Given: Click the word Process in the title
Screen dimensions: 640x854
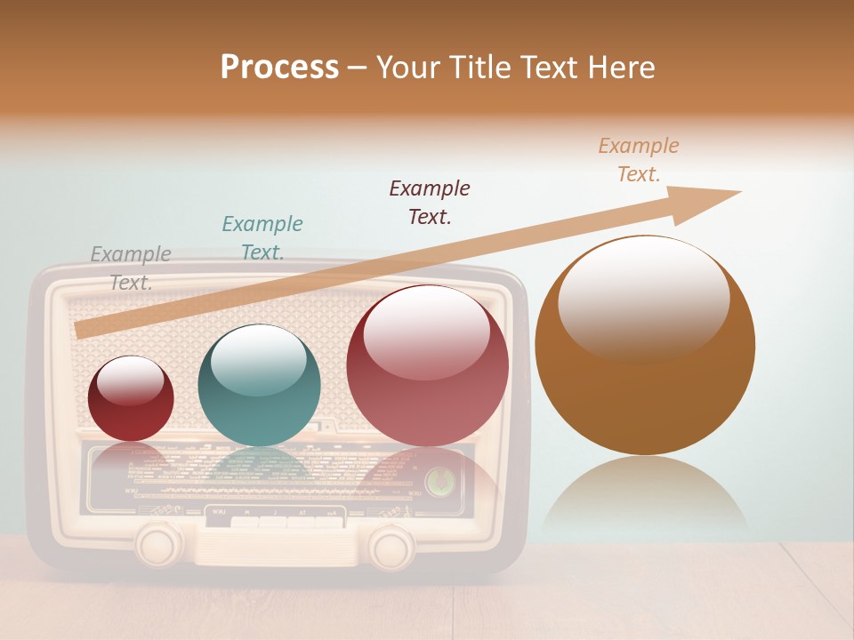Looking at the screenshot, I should click(279, 68).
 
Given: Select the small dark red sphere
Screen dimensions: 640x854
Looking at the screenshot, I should click(131, 398).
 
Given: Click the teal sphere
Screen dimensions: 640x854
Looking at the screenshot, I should click(259, 385).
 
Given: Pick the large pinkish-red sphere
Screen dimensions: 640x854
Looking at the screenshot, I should click(427, 365).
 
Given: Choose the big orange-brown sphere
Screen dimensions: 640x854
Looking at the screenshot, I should click(645, 345).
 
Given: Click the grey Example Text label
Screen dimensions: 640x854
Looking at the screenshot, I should click(131, 268).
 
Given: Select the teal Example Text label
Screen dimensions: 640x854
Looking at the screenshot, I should click(262, 237).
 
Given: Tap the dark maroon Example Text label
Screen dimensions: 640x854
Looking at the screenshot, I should click(430, 202).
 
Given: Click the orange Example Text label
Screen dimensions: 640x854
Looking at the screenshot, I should click(639, 159).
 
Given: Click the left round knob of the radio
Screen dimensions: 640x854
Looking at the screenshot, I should click(159, 544).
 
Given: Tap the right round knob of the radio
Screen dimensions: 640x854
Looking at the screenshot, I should click(391, 546).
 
